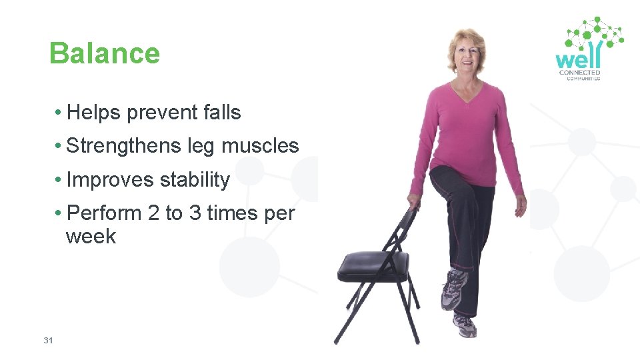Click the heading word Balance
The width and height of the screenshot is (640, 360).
coord(105,54)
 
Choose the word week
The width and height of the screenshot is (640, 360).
coord(91,237)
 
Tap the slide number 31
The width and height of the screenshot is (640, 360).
coord(48,341)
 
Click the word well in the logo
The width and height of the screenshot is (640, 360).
coord(578,57)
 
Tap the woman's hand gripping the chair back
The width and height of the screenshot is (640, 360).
coord(414,201)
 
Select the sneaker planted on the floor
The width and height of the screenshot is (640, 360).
coord(465,325)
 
